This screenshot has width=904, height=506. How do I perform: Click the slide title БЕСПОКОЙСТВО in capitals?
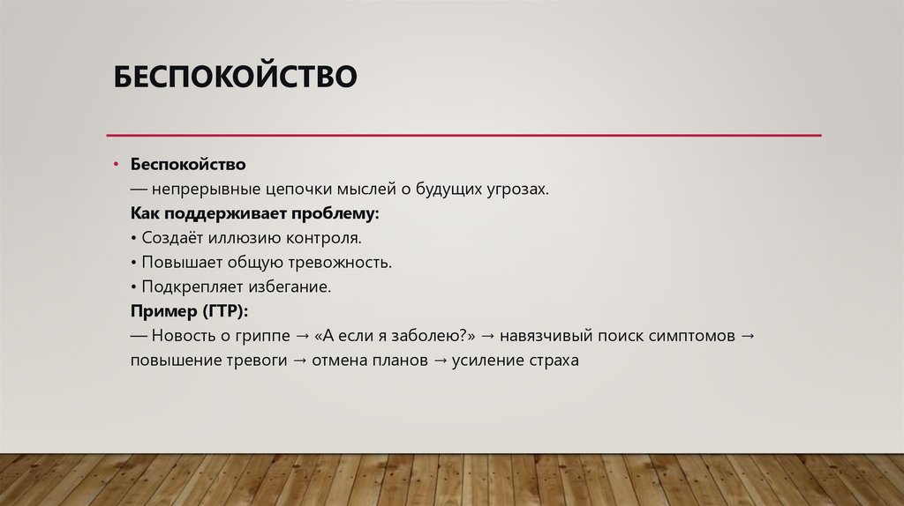235,77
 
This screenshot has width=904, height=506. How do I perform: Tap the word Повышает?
175,263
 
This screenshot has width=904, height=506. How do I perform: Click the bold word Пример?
164,312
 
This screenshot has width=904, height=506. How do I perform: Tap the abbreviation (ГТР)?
225,312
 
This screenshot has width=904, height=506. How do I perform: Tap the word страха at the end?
550,361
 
